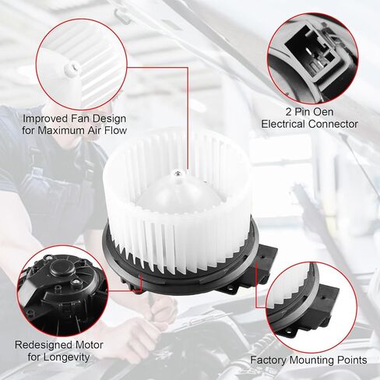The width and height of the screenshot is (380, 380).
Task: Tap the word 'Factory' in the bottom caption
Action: click(269, 361)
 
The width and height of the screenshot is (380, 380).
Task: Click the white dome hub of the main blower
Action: click(178, 195)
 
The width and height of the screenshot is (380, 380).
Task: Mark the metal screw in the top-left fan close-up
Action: click(70, 70)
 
